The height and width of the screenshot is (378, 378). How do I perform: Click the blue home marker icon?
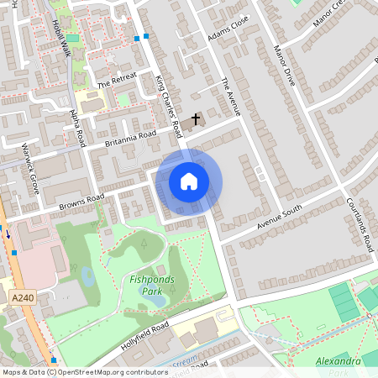click(188, 181)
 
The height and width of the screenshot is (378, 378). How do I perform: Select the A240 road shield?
click(23, 297)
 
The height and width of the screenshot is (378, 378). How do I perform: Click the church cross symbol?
click(197, 119)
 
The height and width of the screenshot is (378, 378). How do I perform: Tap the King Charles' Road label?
click(169, 105)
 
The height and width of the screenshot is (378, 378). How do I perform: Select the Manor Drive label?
click(285, 66)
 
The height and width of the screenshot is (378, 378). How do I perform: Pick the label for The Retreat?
click(115, 80)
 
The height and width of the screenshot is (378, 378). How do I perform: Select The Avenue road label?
click(232, 97)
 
